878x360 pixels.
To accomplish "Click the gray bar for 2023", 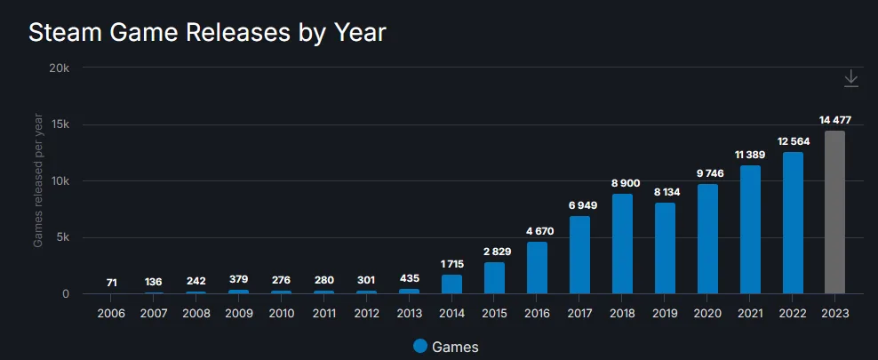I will (834, 212).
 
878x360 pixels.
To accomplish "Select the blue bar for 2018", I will (622, 244).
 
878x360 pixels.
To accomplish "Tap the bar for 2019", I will (665, 249).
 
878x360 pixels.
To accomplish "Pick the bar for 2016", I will (537, 268).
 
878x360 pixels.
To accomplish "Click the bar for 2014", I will (451, 284).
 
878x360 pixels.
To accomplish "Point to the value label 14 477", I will (834, 120).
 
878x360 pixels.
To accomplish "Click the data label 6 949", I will (579, 205).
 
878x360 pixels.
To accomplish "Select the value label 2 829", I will (494, 252).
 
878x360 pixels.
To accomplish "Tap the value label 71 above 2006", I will (111, 282).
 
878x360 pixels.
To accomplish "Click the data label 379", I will (238, 279).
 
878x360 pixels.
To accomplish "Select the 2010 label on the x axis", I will (282, 314).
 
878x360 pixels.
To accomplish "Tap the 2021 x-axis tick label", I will (750, 314).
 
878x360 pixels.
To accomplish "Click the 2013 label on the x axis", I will (409, 314).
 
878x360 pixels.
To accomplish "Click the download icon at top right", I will (850, 79).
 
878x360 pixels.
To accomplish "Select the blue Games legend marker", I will (420, 347).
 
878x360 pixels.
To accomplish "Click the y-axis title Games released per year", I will (38, 181).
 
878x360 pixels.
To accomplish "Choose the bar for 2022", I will (793, 223).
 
